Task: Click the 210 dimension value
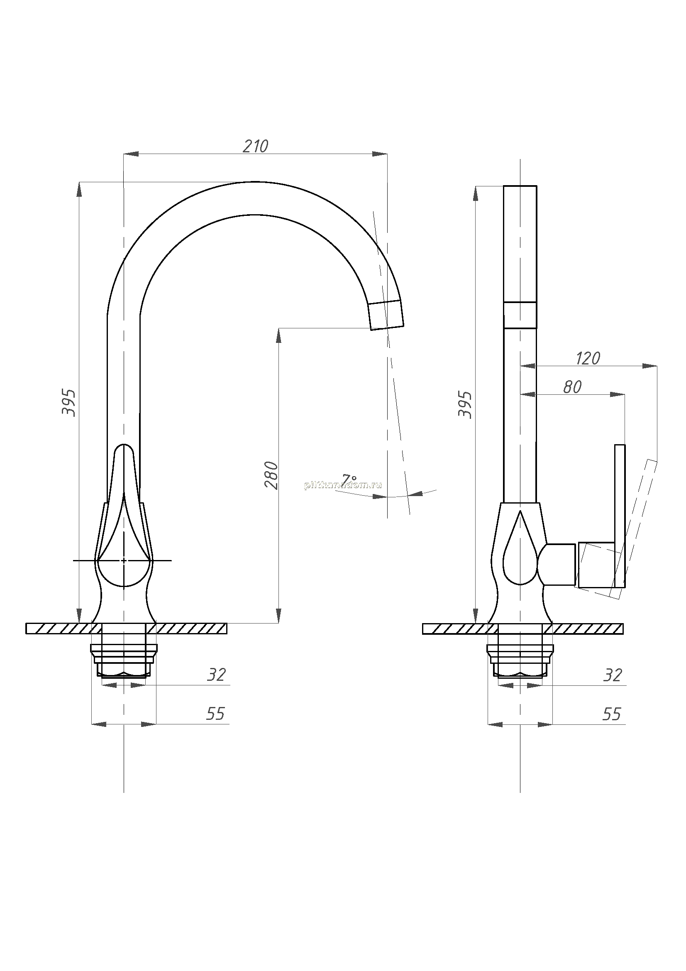(255, 146)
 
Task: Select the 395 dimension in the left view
(69, 403)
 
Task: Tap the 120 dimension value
(588, 359)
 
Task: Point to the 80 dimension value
(572, 387)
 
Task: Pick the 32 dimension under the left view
(216, 675)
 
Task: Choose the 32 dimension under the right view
(613, 675)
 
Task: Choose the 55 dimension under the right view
(612, 714)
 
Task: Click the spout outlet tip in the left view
(387, 328)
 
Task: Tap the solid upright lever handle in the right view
(620, 516)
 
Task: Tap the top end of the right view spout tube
(520, 186)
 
